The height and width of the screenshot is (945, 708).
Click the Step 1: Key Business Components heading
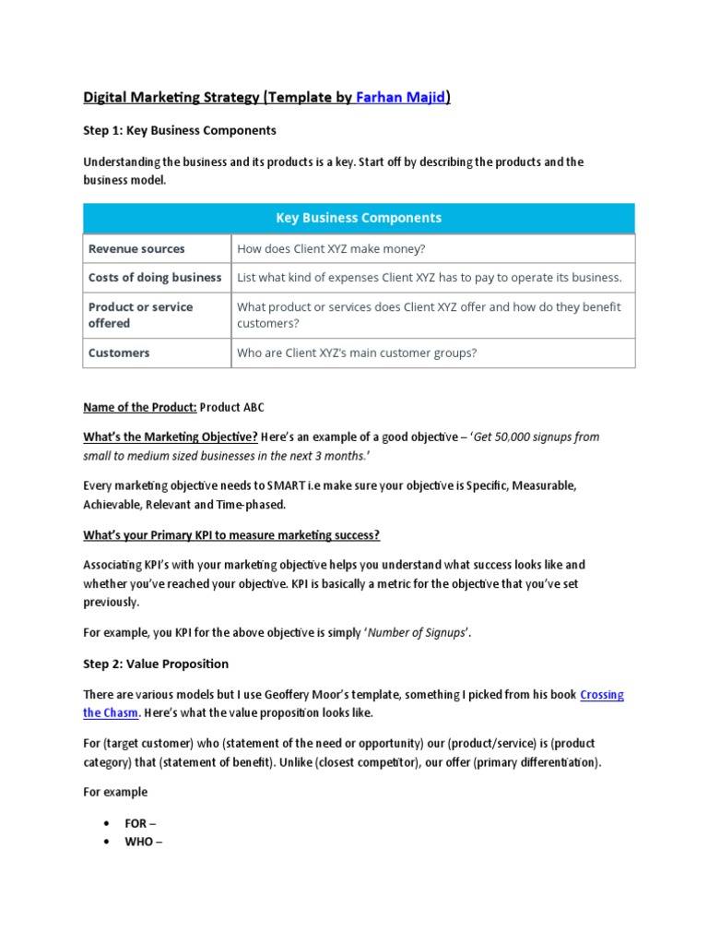(180, 130)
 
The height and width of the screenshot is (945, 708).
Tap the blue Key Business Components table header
(359, 219)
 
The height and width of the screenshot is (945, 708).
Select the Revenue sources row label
(136, 249)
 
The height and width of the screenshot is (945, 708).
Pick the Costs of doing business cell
(155, 278)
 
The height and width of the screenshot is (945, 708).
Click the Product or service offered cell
(140, 315)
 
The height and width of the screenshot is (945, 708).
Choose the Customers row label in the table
(119, 353)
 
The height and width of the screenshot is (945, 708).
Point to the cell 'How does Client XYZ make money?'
(331, 249)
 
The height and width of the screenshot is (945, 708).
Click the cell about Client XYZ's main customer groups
(357, 353)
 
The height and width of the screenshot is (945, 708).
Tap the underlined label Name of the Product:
(139, 407)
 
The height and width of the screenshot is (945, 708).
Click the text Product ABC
(232, 407)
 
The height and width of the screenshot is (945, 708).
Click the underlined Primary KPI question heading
(231, 535)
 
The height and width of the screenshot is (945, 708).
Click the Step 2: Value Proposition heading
(156, 664)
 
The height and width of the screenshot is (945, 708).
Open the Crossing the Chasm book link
(601, 695)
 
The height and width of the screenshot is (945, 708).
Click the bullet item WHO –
(143, 842)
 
